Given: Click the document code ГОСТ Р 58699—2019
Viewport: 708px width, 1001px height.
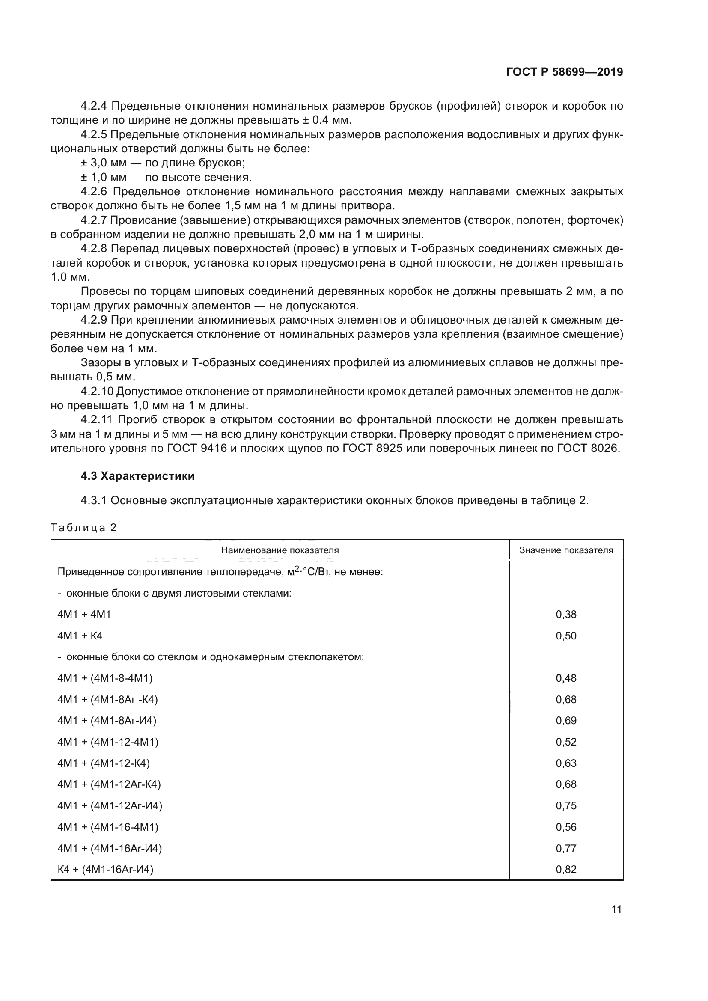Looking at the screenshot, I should pos(565,72).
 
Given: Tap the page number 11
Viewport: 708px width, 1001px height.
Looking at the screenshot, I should pos(616,909).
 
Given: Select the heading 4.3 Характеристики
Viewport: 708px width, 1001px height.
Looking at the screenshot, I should pos(137,476).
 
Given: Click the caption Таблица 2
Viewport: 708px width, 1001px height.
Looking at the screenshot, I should pos(84,528).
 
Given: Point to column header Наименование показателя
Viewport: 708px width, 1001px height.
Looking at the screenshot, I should pos(280,550).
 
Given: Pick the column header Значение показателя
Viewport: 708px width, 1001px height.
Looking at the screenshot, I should pos(566,550).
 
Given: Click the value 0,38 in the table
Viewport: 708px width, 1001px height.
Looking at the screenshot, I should pos(566,614).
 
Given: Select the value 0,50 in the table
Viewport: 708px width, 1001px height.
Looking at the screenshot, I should pos(566,636).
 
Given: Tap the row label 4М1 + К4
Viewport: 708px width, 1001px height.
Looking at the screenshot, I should pos(80,636).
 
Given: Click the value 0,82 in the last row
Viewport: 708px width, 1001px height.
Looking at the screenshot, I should pos(566,869).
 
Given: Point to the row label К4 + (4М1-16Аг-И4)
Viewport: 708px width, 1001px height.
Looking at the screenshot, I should pos(105,869).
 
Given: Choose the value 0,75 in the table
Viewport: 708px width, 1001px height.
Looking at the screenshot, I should pos(566,806).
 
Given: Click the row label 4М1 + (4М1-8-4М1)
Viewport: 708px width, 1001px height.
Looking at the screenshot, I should pos(105,678).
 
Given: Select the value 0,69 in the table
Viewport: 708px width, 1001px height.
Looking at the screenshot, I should pos(566,720).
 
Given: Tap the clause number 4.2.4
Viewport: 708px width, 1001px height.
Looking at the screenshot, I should pos(94,106).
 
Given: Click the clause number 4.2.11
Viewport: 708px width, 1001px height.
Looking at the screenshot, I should pos(96,420).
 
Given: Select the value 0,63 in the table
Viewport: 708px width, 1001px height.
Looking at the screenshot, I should pos(566,763).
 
